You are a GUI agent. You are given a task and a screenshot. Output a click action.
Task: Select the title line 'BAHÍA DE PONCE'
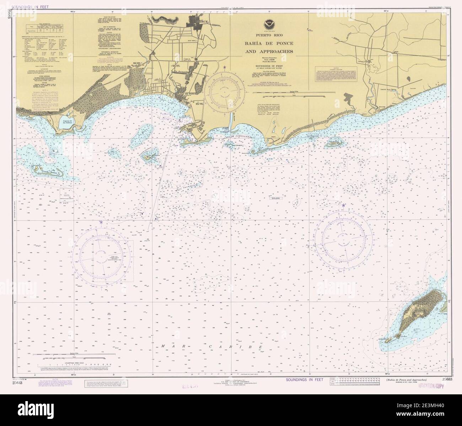tap(268, 43)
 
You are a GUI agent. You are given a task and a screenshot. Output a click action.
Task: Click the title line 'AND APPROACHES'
tap(268, 51)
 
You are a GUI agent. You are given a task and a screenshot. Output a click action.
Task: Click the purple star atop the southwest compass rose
tap(101, 222)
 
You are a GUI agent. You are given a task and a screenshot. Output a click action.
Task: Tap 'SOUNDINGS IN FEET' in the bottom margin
tap(305, 380)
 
